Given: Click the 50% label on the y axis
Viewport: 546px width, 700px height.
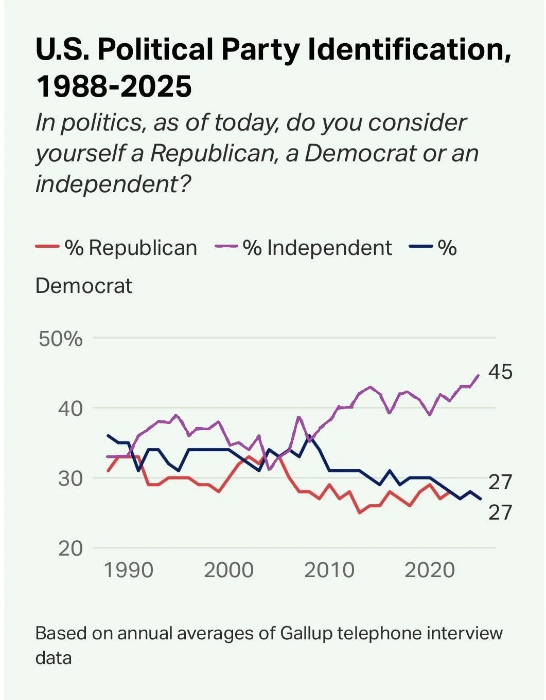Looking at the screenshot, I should click(60, 339).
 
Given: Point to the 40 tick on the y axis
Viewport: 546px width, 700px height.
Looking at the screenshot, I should click(70, 409).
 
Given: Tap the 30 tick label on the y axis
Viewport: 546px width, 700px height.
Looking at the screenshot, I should click(70, 478).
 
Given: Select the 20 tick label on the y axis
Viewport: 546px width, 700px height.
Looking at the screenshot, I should click(70, 548).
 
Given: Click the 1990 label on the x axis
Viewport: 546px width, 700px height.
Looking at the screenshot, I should click(129, 570).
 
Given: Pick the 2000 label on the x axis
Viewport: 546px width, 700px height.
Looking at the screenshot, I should click(229, 570).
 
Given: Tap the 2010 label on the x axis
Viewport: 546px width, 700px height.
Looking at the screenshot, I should click(329, 570).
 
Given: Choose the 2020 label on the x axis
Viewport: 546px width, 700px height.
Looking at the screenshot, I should click(430, 570).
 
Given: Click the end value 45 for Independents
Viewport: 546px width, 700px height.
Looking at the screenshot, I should click(500, 372).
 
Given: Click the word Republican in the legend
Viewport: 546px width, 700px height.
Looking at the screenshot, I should click(143, 248).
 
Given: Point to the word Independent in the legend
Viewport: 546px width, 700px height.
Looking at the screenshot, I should click(329, 248).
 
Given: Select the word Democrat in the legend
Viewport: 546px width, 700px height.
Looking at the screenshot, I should click(84, 286).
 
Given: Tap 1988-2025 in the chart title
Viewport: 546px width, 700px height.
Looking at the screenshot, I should click(114, 86).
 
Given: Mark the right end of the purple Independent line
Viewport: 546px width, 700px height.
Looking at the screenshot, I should click(479, 375).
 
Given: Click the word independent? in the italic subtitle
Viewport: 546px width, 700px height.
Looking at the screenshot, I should click(113, 184).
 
